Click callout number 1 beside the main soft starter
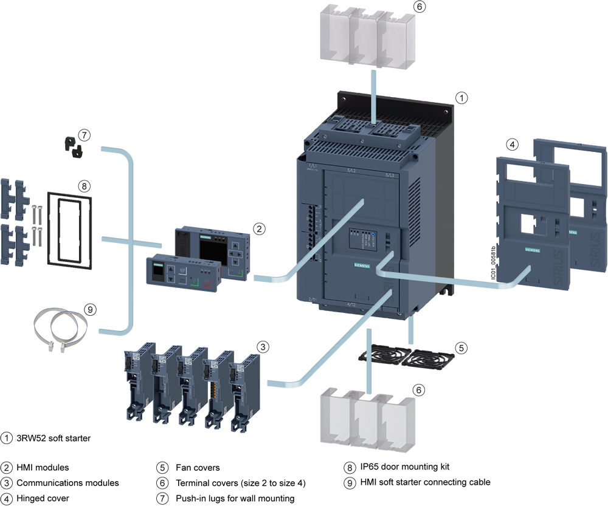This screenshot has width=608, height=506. coord(462,97)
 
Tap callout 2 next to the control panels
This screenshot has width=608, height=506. coord(259,229)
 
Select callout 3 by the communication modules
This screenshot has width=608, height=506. coord(263,347)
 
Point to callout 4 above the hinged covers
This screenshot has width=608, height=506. coord(513,145)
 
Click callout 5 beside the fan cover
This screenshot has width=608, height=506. coord(461,348)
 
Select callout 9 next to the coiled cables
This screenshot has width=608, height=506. coord(91,309)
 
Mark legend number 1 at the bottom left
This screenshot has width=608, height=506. coord(7,437)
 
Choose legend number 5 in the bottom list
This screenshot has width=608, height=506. coord(162,468)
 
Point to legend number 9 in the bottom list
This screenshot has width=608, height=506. coord(349,483)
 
